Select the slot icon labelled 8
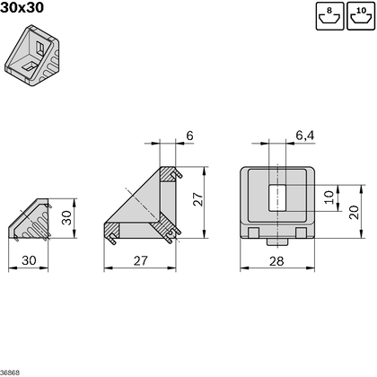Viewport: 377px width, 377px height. tap(329, 16)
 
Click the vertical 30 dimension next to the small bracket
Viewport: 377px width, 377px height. tap(66, 218)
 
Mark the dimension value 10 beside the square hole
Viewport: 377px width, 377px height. tap(328, 195)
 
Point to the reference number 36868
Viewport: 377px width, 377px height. tap(11, 371)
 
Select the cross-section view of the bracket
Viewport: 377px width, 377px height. tap(144, 206)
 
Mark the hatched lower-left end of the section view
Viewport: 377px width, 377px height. tap(114, 235)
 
